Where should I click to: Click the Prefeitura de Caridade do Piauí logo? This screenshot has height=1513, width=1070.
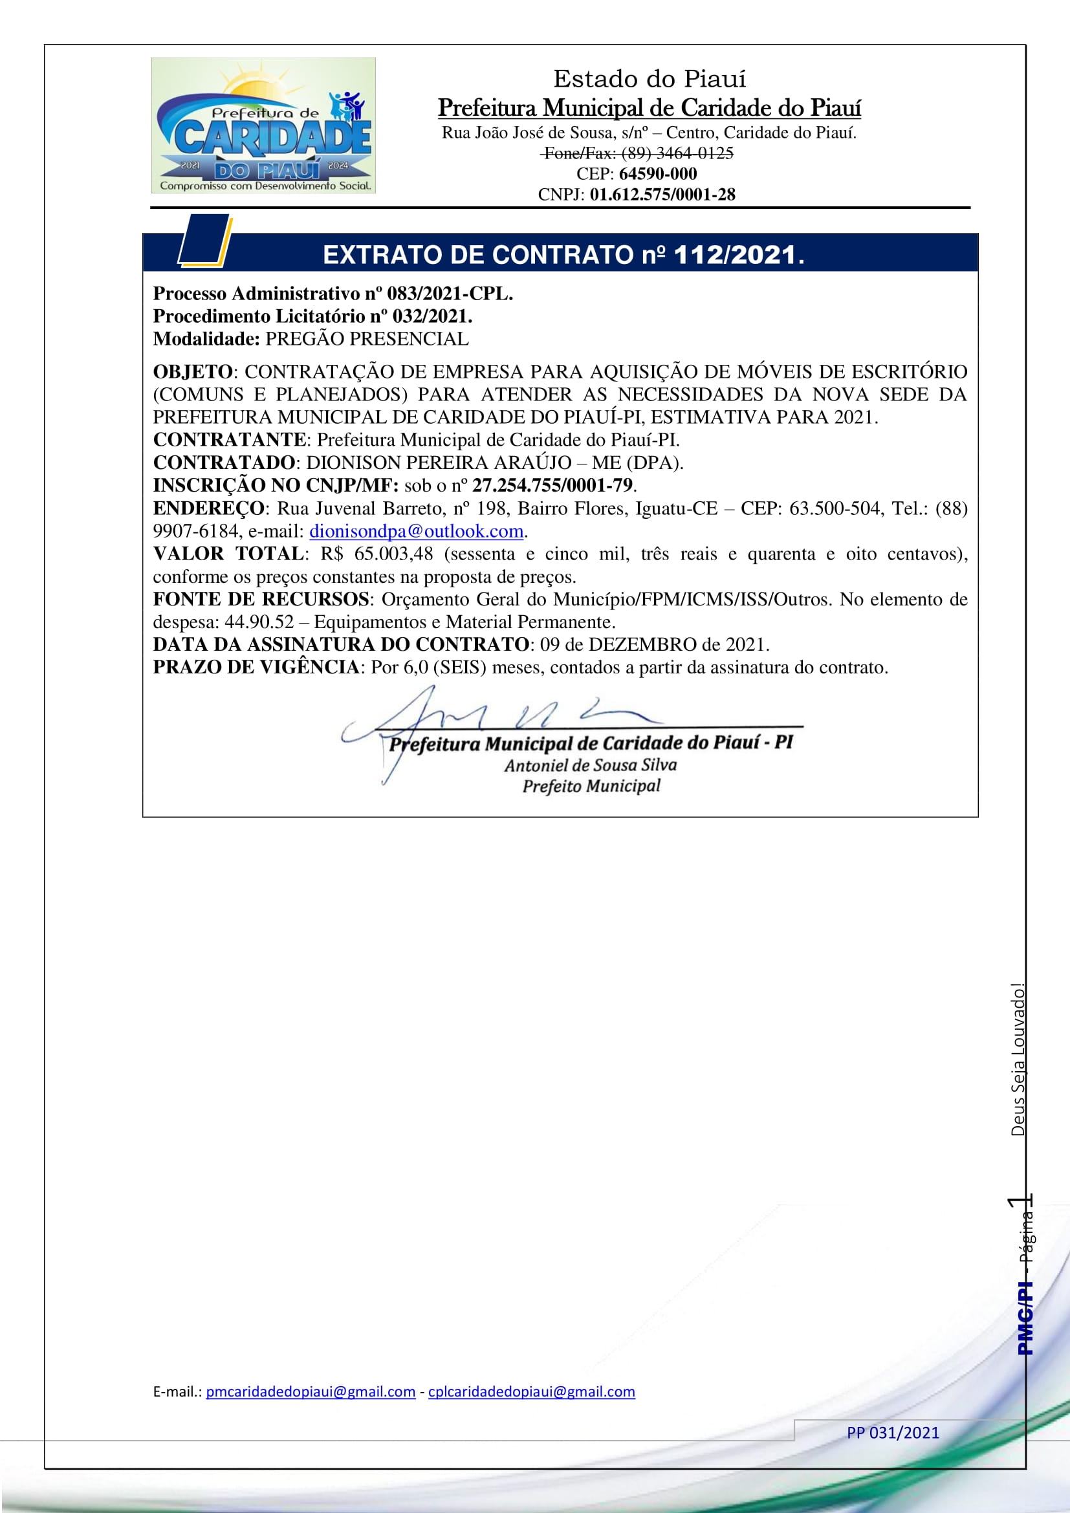[x=263, y=125]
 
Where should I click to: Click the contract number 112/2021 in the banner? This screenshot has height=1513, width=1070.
[x=734, y=255]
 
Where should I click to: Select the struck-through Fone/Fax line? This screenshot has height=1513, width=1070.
[x=637, y=153]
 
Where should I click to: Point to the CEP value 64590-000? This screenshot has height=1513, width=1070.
[x=657, y=174]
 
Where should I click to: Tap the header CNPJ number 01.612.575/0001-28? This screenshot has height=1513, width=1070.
[x=662, y=195]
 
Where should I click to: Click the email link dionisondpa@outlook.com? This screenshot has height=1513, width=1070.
[x=416, y=531]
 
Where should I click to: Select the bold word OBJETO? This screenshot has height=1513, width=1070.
[x=192, y=372]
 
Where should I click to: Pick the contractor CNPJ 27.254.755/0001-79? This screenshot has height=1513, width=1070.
[x=552, y=486]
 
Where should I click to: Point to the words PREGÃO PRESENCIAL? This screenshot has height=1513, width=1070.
[x=367, y=339]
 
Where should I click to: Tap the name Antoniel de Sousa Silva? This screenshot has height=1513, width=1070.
[x=591, y=765]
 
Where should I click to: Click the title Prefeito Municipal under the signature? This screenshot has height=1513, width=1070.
[x=591, y=786]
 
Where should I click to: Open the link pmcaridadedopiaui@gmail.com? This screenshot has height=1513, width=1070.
[x=311, y=1392]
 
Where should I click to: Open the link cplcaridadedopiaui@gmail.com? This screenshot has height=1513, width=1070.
[x=531, y=1392]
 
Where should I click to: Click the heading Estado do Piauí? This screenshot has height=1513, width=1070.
[x=649, y=79]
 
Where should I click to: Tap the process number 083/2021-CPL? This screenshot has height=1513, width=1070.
[x=450, y=294]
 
